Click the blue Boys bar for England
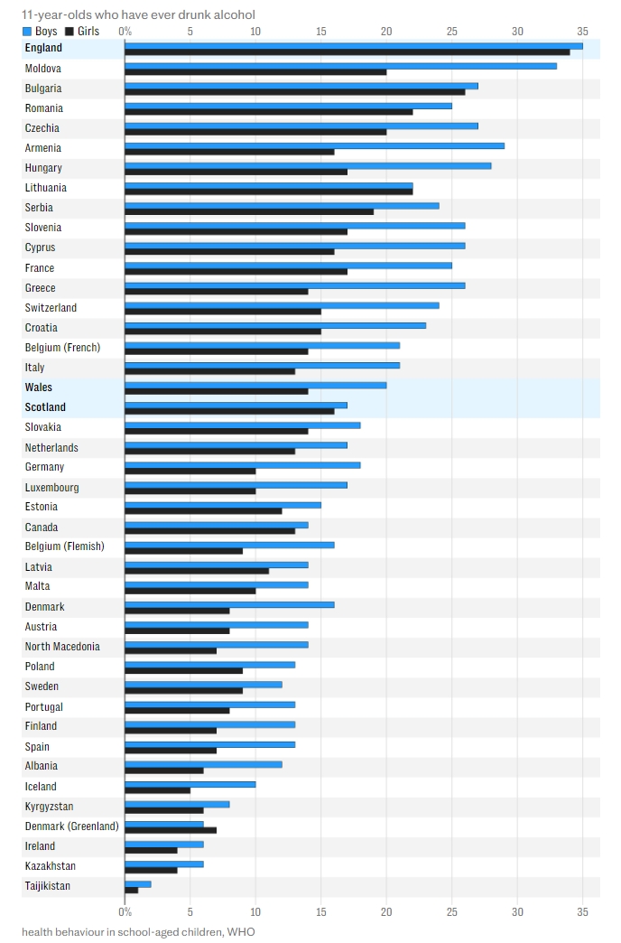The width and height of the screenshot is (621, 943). (x=353, y=45)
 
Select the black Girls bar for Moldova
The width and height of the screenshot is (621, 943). (x=255, y=72)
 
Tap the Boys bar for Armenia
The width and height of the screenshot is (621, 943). (x=314, y=145)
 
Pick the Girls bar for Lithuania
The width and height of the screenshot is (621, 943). (x=268, y=191)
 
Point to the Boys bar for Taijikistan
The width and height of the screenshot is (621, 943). (x=137, y=883)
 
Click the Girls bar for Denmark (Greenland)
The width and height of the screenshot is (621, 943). (x=170, y=830)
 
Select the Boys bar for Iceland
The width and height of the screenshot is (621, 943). (x=190, y=784)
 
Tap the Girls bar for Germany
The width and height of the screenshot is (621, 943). (x=190, y=471)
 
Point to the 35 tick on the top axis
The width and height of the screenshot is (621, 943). (x=582, y=32)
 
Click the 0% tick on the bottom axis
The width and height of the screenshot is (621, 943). (x=125, y=910)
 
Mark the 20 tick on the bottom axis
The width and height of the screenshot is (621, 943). (x=386, y=910)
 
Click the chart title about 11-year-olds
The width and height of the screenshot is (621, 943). (x=138, y=14)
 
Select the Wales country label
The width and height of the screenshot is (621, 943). (x=39, y=387)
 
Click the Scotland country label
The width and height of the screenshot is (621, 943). (x=45, y=407)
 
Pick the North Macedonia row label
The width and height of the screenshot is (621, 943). (x=62, y=647)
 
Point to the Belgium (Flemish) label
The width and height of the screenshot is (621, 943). (x=64, y=546)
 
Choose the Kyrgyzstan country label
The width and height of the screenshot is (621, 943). (x=49, y=807)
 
